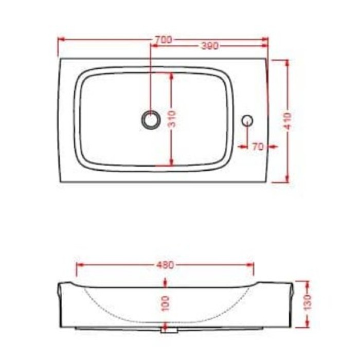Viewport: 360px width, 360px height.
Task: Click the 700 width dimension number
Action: click(x=163, y=39)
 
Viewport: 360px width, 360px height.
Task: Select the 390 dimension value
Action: click(x=209, y=46)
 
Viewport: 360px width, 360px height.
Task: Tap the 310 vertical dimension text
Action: click(x=173, y=119)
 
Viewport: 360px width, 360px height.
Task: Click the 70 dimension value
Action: click(x=258, y=147)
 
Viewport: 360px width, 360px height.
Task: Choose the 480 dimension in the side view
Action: click(x=165, y=265)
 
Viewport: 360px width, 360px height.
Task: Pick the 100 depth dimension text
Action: click(x=165, y=303)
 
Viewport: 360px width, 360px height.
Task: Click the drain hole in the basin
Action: click(x=150, y=119)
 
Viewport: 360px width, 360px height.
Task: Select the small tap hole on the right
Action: click(x=247, y=120)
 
